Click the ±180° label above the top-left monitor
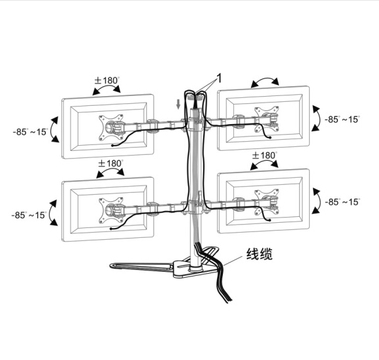click(x=107, y=80)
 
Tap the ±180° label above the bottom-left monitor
click(x=110, y=163)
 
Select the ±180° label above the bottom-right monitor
click(x=265, y=155)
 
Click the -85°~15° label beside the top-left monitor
click(x=31, y=132)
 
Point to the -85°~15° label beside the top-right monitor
click(x=342, y=120)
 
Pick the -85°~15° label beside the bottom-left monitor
click(x=29, y=215)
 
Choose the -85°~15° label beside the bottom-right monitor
click(x=342, y=202)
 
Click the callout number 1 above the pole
click(x=219, y=78)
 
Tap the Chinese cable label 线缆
click(x=259, y=254)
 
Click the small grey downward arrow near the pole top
click(x=178, y=104)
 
